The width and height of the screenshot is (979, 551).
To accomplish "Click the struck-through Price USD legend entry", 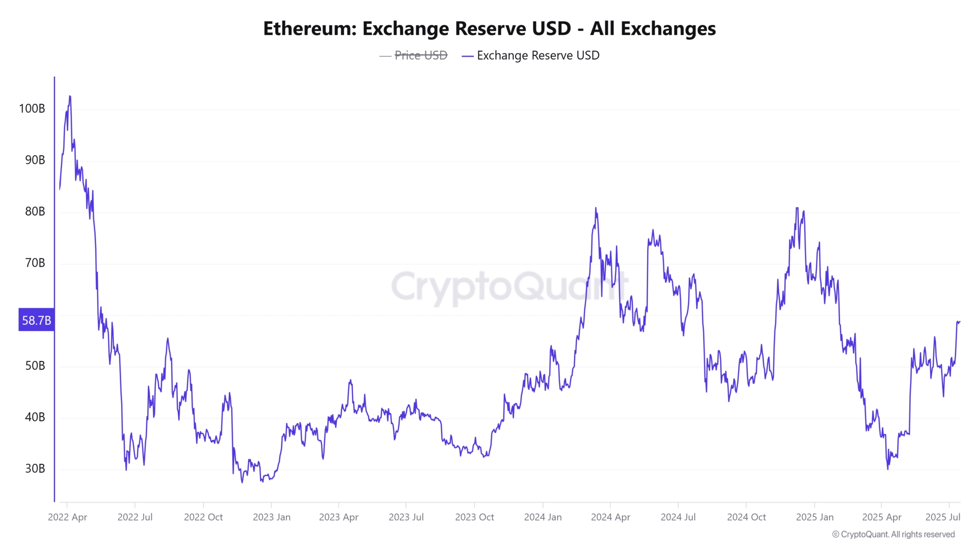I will pyautogui.click(x=420, y=55).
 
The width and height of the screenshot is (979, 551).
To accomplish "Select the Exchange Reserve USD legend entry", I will pyautogui.click(x=538, y=55).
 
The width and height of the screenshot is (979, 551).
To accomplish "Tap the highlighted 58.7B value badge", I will pyautogui.click(x=36, y=320).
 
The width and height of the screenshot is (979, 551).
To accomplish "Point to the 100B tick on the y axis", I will pyautogui.click(x=32, y=109).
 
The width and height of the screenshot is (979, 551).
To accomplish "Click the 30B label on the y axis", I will pyautogui.click(x=35, y=469).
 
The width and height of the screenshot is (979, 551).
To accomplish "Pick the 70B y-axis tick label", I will pyautogui.click(x=35, y=263).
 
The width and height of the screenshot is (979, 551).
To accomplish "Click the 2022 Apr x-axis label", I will pyautogui.click(x=67, y=517).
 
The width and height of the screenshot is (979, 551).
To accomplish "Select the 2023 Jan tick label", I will pyautogui.click(x=272, y=517).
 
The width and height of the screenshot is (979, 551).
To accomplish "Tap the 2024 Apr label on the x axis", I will pyautogui.click(x=610, y=517).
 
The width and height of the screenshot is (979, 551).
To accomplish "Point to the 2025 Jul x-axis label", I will pyautogui.click(x=943, y=517).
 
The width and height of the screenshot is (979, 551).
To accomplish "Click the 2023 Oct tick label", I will pyautogui.click(x=474, y=517).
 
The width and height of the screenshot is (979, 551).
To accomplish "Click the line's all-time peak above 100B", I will pyautogui.click(x=70, y=96).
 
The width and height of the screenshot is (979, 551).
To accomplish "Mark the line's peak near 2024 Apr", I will pyautogui.click(x=596, y=208).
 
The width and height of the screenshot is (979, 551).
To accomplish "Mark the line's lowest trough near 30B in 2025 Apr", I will pyautogui.click(x=888, y=469).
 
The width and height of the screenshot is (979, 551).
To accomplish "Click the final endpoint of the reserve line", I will pyautogui.click(x=959, y=321).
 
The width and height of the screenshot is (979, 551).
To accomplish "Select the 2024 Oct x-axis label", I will pyautogui.click(x=746, y=517).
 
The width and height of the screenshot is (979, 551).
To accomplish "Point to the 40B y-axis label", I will pyautogui.click(x=35, y=417).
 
